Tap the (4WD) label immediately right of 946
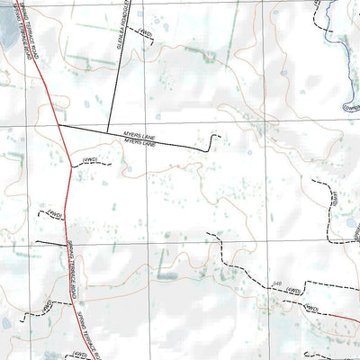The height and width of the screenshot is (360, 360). coord(311,307)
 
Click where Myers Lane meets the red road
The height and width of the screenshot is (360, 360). coord(58,126)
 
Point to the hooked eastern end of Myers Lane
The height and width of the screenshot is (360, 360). coord(212,139)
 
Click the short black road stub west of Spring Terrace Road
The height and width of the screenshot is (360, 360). coord(49,244)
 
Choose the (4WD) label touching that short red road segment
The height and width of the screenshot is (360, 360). coord(311,307)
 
